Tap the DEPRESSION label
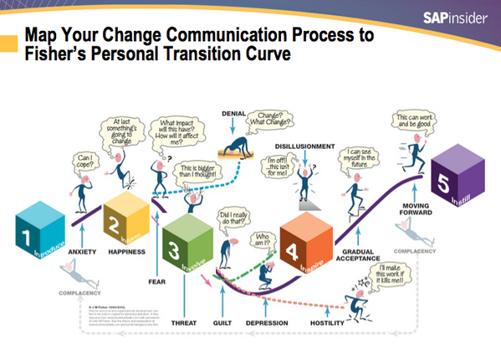pyautogui.click(x=268, y=322)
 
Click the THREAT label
pyautogui.click(x=182, y=322)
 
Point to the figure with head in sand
pyautogui.click(x=239, y=148)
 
